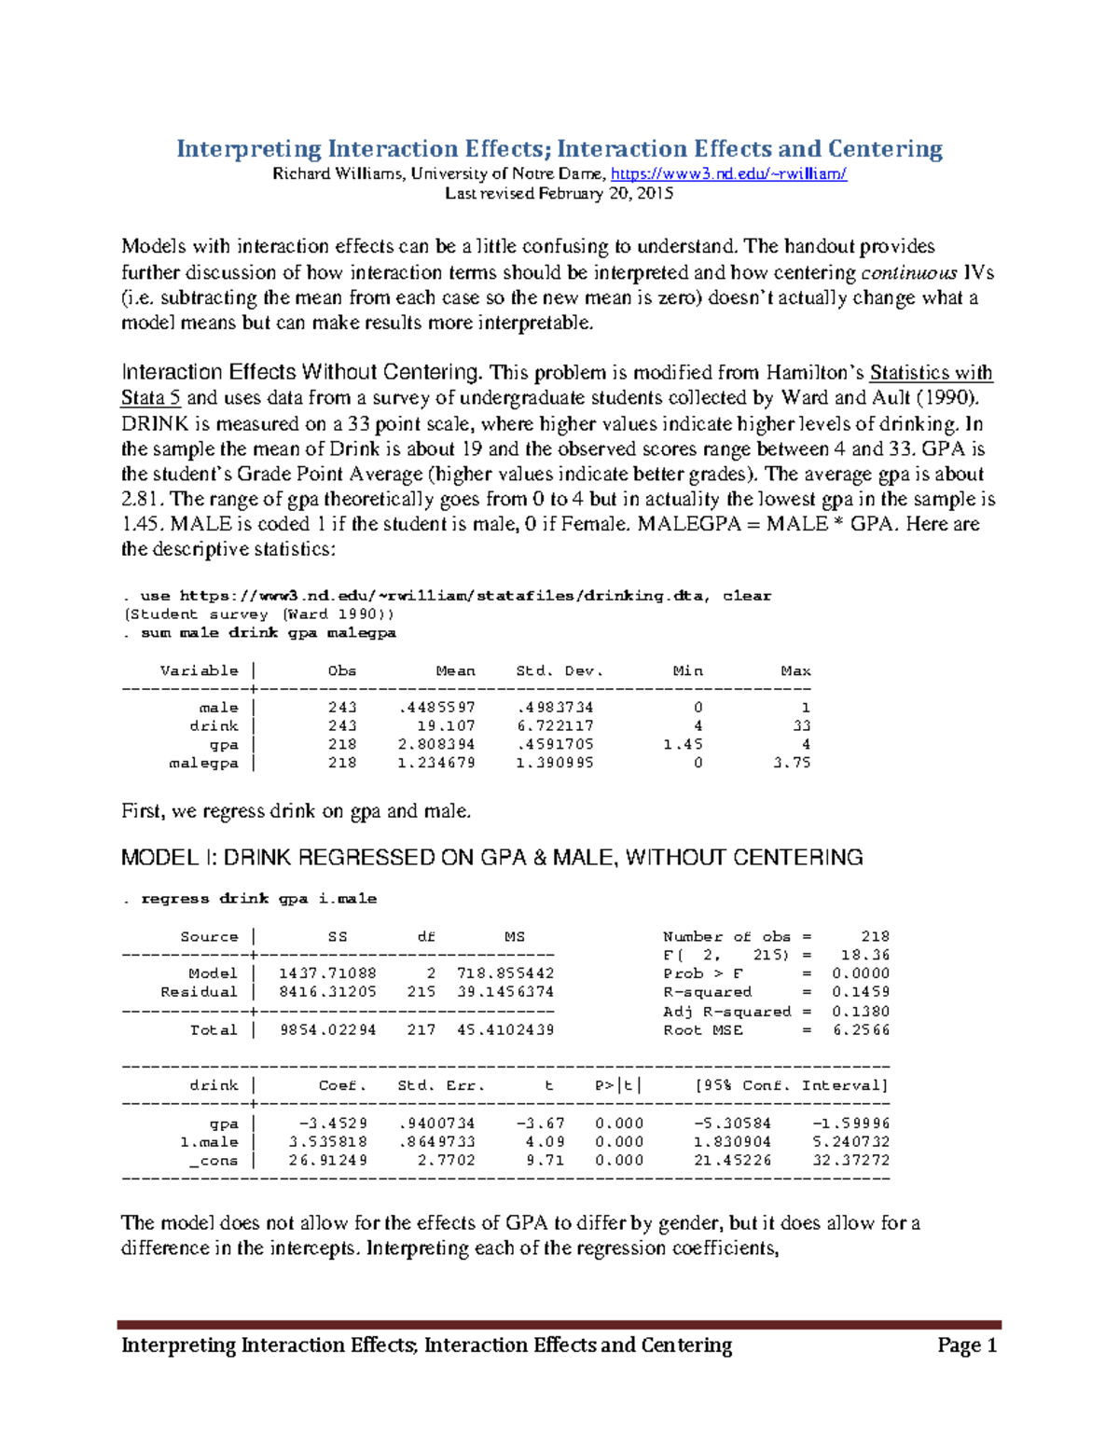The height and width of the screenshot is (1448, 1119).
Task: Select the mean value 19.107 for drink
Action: pyautogui.click(x=446, y=725)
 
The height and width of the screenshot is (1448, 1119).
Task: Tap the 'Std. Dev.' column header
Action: pyautogui.click(x=559, y=670)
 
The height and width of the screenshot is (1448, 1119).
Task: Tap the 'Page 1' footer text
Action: pyautogui.click(x=967, y=1345)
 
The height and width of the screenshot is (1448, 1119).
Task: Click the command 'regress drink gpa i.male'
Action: pyautogui.click(x=258, y=899)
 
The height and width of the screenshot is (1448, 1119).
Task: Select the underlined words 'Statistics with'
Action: pyautogui.click(x=931, y=373)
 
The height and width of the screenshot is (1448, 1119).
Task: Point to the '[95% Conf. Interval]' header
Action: pyautogui.click(x=792, y=1085)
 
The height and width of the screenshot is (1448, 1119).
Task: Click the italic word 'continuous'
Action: pyautogui.click(x=908, y=272)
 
